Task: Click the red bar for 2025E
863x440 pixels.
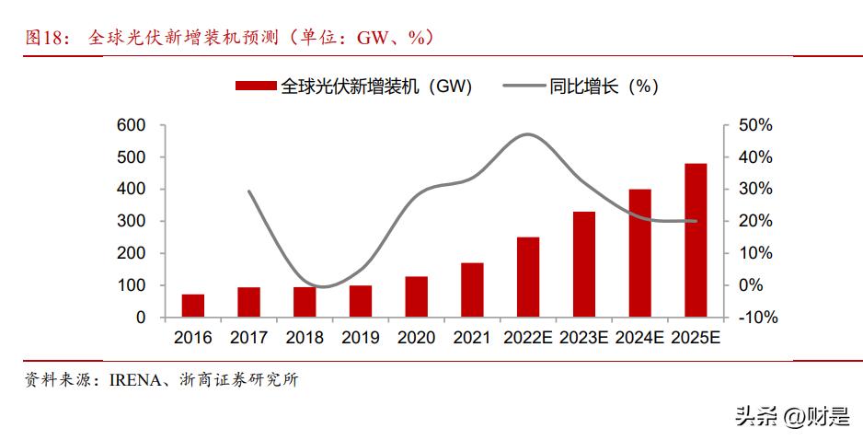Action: click(696, 240)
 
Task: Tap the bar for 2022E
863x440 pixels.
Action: click(528, 277)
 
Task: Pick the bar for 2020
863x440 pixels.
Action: click(416, 296)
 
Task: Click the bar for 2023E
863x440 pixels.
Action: click(584, 264)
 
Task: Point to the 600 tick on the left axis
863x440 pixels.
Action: click(132, 125)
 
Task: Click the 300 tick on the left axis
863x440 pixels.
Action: click(132, 221)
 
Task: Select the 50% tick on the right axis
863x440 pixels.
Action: click(756, 125)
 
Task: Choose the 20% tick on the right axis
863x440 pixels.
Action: click(756, 221)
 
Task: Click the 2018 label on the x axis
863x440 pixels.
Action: click(305, 338)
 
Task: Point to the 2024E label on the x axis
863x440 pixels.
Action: click(639, 338)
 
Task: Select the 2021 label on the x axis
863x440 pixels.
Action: click(472, 338)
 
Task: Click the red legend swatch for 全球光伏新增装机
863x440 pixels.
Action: click(255, 87)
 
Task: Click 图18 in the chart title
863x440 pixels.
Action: click(45, 38)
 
